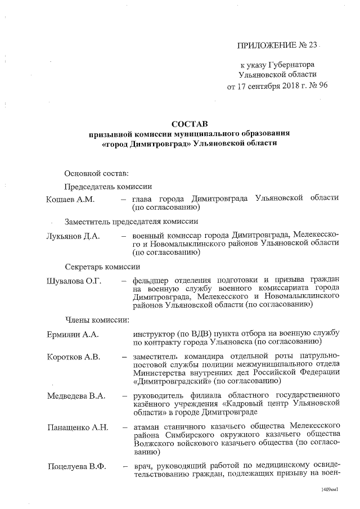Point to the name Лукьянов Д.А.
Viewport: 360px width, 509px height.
[73, 235]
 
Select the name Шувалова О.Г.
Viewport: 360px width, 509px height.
[74, 281]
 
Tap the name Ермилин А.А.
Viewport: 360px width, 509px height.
[73, 335]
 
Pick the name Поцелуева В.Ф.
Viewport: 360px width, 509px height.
[76, 466]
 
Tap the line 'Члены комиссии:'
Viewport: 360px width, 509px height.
[97, 320]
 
